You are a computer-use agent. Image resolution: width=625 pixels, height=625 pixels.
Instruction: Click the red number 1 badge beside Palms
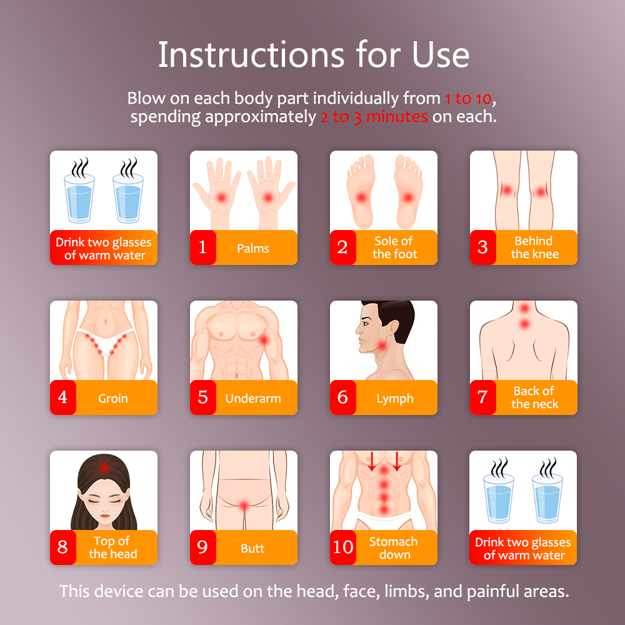(x=203, y=247)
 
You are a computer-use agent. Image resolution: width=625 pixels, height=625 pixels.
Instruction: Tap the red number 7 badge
(x=482, y=397)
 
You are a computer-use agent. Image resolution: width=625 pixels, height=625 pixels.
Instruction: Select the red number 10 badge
(x=342, y=547)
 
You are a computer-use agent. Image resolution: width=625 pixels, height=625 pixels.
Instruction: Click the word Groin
(x=113, y=398)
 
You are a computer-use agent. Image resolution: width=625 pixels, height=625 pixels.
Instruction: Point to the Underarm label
(x=253, y=398)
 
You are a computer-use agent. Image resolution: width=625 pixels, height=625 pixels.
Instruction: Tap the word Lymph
(x=395, y=399)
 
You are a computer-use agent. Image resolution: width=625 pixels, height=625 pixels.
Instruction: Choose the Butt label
(x=252, y=548)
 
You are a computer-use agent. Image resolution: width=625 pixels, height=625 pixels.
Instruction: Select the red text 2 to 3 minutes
(x=374, y=117)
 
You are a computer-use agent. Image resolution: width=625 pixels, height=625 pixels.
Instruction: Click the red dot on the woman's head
(x=104, y=467)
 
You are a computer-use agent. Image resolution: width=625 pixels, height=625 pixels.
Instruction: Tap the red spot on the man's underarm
(x=264, y=340)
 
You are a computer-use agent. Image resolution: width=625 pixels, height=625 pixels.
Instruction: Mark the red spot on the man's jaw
(x=381, y=345)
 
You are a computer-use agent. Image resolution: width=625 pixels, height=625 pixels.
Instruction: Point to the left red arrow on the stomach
(x=371, y=461)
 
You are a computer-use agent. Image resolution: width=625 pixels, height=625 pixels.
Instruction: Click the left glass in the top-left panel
(x=79, y=198)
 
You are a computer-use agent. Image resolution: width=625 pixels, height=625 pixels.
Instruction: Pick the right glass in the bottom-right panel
(x=547, y=498)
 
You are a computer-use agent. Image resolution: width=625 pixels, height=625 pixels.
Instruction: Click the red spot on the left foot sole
(x=361, y=197)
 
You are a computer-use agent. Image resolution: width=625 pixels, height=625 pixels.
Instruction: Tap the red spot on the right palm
(x=268, y=197)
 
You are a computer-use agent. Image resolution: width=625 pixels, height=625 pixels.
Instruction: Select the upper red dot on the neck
(x=524, y=307)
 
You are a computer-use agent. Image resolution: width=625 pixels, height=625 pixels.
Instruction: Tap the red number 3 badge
(x=482, y=247)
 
